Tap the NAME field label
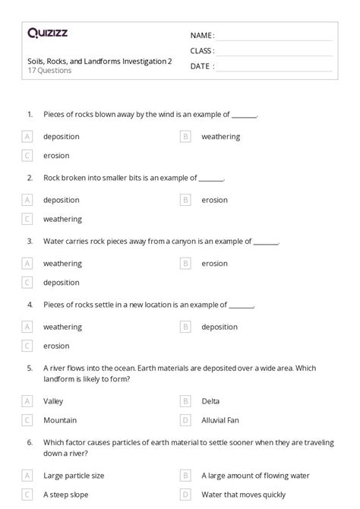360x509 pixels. pos(201,36)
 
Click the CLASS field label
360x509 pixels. pos(201,51)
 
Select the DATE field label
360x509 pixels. pos(201,66)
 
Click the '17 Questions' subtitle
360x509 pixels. pos(49,71)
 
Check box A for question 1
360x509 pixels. pos(27,137)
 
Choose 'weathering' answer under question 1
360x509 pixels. pos(220,137)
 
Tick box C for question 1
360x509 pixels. pos(27,156)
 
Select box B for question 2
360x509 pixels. pos(185,200)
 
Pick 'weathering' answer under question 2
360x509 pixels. pos(62,219)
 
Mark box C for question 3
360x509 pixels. pos(27,283)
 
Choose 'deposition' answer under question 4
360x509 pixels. pos(219,327)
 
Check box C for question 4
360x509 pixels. pos(27,346)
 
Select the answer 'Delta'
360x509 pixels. pos(210,400)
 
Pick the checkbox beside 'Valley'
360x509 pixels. pos(27,400)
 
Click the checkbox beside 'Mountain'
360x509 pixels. pos(27,419)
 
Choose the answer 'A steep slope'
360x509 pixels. pos(66,495)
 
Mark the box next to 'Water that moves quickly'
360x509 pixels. pos(185,495)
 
